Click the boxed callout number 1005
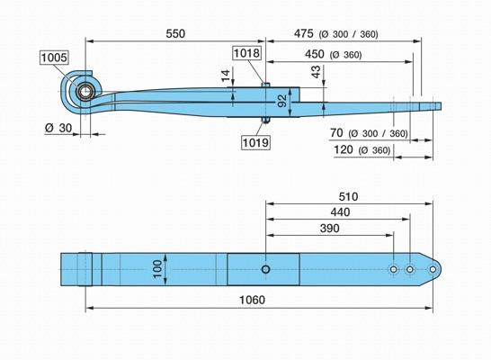[54, 58]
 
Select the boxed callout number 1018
[246, 53]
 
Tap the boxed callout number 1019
[255, 142]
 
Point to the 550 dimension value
[175, 34]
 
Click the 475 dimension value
[303, 33]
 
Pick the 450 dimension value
[315, 54]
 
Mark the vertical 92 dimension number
[282, 101]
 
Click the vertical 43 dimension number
[317, 72]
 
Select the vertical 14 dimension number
[226, 76]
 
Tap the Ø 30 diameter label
[58, 128]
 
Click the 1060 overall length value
[252, 300]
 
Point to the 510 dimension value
[348, 197]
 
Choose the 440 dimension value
[341, 212]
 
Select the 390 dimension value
[329, 229]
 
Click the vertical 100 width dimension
[157, 269]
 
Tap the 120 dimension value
[344, 149]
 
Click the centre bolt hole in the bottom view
[266, 269]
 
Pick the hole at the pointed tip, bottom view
[433, 269]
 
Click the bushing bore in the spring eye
[85, 92]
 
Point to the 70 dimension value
[336, 133]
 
